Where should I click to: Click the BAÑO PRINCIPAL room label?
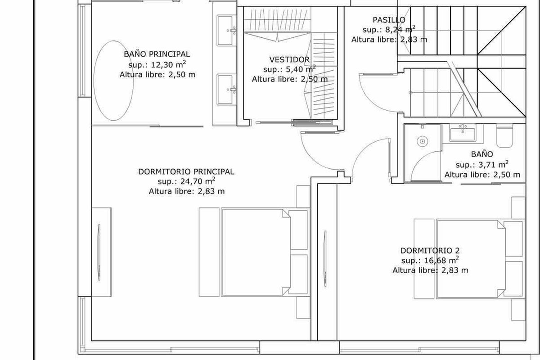(157, 54)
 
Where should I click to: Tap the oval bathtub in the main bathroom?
(113, 81)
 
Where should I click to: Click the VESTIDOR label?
(289, 59)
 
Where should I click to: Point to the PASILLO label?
(389, 20)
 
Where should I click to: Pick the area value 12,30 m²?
(168, 64)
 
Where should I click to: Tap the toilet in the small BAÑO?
(504, 136)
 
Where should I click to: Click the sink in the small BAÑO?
(463, 133)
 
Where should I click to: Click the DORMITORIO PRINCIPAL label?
(186, 172)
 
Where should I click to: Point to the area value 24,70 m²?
(198, 181)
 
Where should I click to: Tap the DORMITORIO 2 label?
(430, 251)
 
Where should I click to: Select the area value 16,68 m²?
(441, 260)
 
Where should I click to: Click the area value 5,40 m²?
(301, 69)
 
